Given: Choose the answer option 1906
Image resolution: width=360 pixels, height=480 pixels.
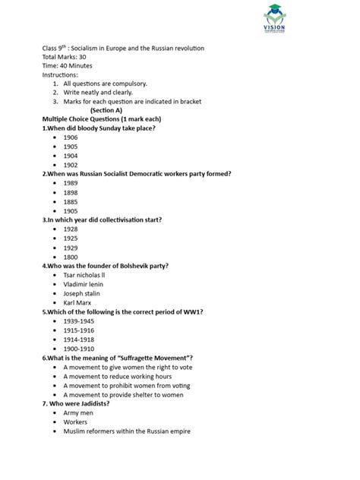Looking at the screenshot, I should (71, 137).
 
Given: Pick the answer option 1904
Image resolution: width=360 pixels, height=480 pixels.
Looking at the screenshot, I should (71, 155).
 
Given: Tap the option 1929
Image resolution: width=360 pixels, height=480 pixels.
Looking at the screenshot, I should (71, 247).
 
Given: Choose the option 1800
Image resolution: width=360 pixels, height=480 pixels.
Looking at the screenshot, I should (71, 256).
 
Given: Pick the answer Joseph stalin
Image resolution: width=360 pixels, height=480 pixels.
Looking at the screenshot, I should (82, 292).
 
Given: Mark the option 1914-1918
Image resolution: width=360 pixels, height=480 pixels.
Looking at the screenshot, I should (78, 339).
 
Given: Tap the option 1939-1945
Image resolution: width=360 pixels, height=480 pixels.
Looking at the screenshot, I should (78, 321).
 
